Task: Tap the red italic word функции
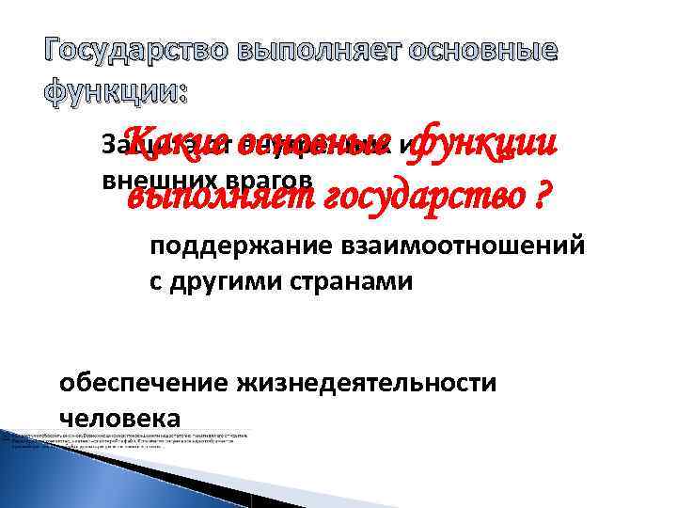485,142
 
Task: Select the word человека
118,417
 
